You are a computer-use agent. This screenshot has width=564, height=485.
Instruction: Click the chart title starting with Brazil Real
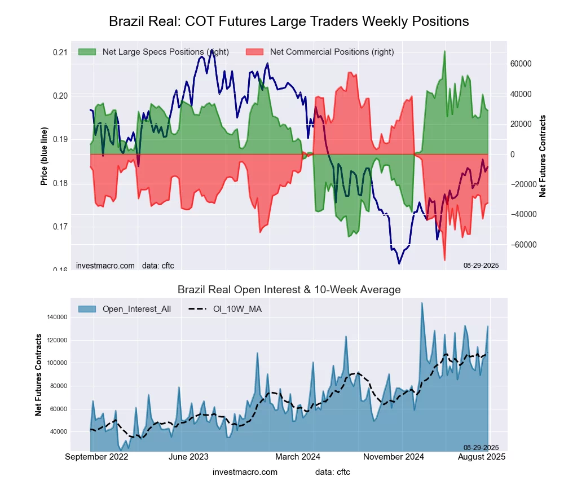click(289, 21)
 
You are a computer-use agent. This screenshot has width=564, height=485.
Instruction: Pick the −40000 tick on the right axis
click(523, 215)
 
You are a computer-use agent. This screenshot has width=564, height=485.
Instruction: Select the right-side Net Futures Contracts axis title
click(543, 156)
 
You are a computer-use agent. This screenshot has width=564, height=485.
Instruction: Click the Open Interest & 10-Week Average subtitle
click(289, 290)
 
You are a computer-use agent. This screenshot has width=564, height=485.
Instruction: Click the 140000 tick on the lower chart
click(57, 318)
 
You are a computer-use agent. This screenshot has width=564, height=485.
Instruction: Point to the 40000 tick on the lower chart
click(59, 432)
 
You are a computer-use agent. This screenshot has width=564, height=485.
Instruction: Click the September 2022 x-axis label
click(96, 457)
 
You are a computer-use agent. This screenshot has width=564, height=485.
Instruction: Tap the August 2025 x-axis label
click(481, 457)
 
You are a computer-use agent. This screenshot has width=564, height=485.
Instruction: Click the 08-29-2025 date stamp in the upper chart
click(481, 265)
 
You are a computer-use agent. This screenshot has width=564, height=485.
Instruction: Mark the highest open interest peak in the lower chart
click(422, 303)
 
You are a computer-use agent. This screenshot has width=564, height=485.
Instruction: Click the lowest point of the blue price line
click(399, 263)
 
